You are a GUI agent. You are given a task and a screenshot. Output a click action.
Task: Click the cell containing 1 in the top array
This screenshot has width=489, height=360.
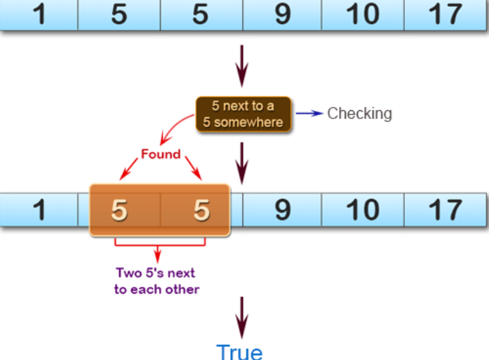click(x=39, y=15)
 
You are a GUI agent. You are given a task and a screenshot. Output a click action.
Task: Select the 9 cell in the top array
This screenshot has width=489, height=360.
click(x=282, y=15)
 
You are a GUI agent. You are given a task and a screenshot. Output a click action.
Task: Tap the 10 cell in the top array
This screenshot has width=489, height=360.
click(x=363, y=15)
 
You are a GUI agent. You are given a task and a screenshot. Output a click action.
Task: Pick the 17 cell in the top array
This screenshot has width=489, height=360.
click(x=445, y=15)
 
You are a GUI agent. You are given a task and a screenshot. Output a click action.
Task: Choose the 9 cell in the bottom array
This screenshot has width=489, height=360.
click(x=282, y=210)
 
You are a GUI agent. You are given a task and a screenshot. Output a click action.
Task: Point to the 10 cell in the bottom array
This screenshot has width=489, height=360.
click(x=363, y=210)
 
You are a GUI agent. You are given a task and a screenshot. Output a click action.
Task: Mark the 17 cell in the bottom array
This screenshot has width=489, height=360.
click(x=445, y=210)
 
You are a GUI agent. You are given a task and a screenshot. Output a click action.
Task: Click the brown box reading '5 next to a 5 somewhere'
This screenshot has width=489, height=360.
click(x=244, y=114)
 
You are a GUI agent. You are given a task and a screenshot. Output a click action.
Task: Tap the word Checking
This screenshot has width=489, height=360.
click(x=360, y=114)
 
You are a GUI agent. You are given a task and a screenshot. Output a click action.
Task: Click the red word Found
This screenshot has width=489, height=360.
click(x=160, y=154)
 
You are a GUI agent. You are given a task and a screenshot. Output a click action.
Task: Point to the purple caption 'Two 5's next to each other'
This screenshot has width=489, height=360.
click(x=157, y=281)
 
